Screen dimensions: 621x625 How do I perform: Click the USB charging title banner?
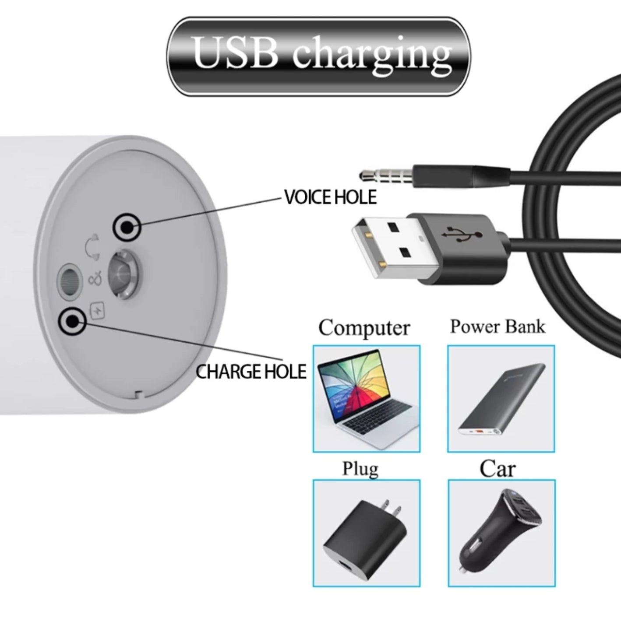[x=319, y=57]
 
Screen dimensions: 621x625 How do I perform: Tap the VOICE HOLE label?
[x=331, y=197]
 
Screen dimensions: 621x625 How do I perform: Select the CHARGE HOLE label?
[x=251, y=372]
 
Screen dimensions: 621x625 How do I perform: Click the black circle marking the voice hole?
[x=127, y=227]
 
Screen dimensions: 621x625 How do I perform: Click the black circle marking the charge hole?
[x=72, y=321]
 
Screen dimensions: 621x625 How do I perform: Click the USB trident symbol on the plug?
[x=462, y=234]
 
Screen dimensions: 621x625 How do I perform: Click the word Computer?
[x=364, y=328]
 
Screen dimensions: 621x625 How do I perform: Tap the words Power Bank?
[x=498, y=326]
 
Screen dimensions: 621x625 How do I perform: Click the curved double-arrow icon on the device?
[x=92, y=246]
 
